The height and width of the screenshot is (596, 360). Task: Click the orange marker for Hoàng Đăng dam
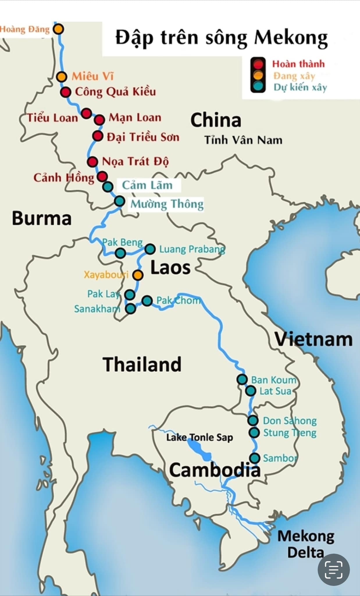click(58, 29)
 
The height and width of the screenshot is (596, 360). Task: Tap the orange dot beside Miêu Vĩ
click(61, 77)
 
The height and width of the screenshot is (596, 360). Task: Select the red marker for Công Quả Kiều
click(66, 92)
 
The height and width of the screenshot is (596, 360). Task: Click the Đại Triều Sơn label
click(143, 137)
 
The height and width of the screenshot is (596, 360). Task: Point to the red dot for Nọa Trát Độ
click(92, 162)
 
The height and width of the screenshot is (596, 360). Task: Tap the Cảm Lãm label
click(147, 185)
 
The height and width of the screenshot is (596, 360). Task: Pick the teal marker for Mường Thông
click(120, 201)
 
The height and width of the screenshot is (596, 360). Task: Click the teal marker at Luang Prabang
click(150, 249)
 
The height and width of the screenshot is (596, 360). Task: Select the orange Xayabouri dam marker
click(138, 275)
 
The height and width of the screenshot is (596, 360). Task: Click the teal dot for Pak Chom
click(147, 301)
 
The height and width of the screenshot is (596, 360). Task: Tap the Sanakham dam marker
click(131, 308)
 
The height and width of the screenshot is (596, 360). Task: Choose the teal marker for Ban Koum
click(242, 379)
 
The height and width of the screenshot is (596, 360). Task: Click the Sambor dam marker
click(255, 458)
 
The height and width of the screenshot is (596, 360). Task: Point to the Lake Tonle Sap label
click(199, 437)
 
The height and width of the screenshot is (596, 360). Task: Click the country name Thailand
click(142, 364)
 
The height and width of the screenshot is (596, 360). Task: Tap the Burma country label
click(42, 218)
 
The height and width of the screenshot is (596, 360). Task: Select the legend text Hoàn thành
click(298, 64)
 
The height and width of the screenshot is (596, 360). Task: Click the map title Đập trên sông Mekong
click(222, 38)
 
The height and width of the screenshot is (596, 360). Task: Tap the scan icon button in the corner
click(334, 570)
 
